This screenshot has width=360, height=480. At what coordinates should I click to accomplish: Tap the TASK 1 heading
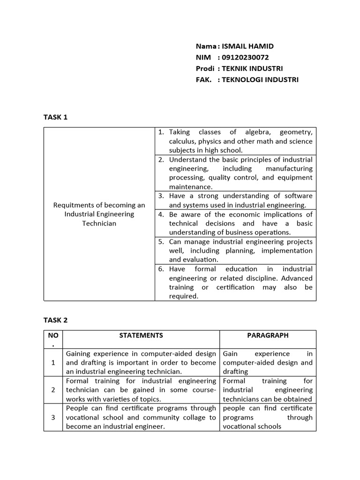pos(55,117)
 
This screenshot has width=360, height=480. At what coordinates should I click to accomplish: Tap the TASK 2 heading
pos(55,320)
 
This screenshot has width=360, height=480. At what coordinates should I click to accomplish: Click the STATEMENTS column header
pos(141,335)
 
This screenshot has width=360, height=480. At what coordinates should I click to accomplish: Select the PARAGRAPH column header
pos(268,335)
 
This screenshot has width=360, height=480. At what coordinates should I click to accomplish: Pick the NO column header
pos(53,336)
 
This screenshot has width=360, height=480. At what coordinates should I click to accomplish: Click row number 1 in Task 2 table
pos(53,362)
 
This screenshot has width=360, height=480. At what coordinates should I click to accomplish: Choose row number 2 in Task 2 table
pos(53,390)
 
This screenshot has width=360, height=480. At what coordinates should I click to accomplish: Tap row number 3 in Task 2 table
pos(53,417)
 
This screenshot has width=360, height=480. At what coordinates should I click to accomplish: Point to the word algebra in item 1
pos(251,132)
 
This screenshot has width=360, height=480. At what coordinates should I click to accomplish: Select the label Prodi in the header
pos(205,68)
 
